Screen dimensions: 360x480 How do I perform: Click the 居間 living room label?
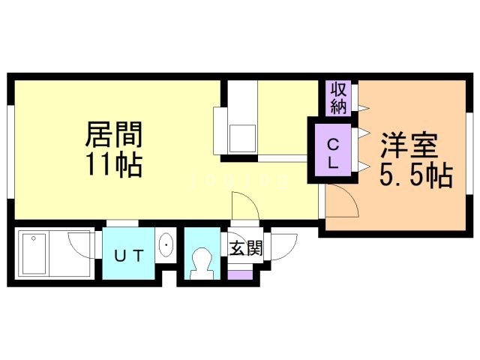point(114,136)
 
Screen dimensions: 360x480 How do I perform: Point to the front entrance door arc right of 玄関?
point(283,244)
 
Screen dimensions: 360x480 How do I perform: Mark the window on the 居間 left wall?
point(10,149)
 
